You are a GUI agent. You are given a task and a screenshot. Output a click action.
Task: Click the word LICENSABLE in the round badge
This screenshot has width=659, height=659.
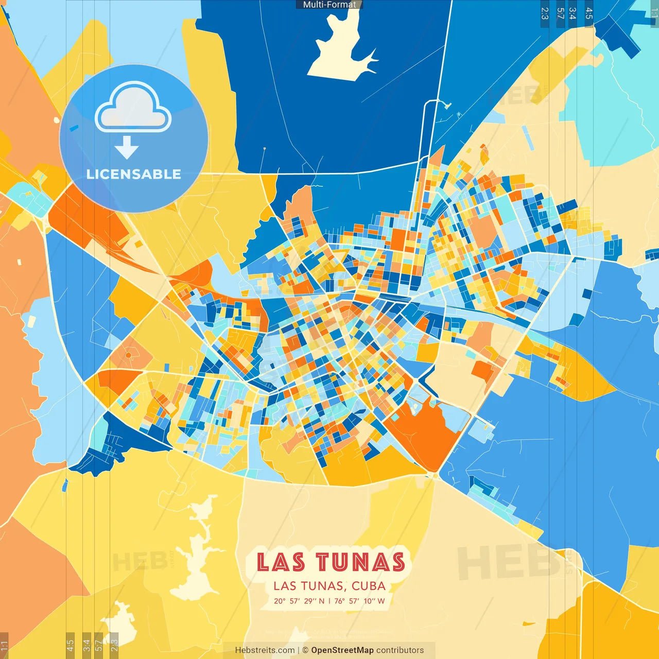coord(133,174)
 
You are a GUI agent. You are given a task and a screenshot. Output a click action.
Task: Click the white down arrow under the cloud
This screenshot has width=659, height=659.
coord(127,148)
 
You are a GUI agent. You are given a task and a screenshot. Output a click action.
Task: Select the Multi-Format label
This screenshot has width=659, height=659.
coord(329,5)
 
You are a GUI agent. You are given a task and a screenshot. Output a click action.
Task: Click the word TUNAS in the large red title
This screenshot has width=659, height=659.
coord(360,562)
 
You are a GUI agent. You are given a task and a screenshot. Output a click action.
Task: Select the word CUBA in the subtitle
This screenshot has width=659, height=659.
coord(369,586)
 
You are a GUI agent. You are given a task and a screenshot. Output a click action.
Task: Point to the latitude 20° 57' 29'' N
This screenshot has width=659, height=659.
coord(299,601)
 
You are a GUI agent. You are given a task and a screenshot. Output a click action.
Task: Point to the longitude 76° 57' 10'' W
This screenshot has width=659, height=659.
coord(359,601)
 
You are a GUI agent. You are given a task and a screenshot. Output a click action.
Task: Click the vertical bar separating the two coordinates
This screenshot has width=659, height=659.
coord(329,601)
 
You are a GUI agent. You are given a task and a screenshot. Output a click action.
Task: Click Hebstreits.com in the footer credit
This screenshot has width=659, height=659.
coord(265,650)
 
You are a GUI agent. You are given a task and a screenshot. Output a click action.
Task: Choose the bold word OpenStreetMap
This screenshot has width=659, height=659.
coord(342,650)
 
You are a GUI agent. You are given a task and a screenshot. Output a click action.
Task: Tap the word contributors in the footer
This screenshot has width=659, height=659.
coord(400,650)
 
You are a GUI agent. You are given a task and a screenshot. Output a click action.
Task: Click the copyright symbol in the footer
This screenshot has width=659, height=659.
coord(305,650)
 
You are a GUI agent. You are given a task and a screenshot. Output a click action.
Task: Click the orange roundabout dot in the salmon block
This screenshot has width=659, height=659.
coord(128,356)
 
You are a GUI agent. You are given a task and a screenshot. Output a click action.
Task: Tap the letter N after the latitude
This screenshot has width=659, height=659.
coord(322,601)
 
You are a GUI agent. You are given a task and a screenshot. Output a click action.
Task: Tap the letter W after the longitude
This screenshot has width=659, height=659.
coord(381,601)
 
